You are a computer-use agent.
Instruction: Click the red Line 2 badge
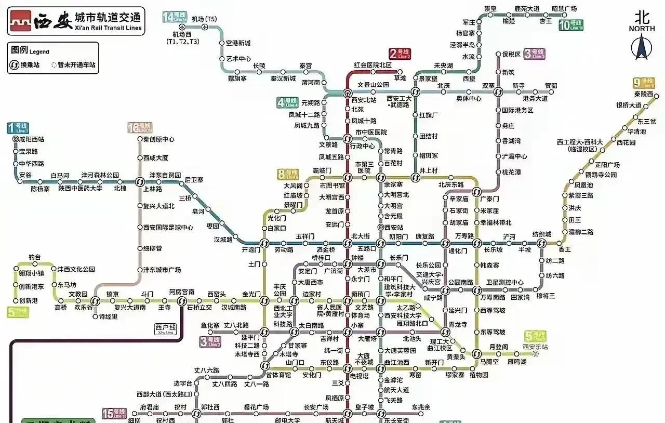coord(400,54)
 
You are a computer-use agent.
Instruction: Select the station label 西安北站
coord(364,100)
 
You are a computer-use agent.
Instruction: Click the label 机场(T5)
coord(204,19)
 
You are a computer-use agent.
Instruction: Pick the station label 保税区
coord(511,54)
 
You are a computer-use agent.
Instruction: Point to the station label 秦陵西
coord(643,94)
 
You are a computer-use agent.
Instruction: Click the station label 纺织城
coord(542,234)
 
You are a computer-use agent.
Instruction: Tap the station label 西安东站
coord(536,347)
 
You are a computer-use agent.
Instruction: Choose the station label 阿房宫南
coord(182,292)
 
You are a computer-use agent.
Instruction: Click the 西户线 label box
coord(166,328)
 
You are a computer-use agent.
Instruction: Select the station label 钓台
coord(35,257)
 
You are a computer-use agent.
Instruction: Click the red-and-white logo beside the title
coord(20,21)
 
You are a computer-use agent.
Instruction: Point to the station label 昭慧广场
coord(564,9)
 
